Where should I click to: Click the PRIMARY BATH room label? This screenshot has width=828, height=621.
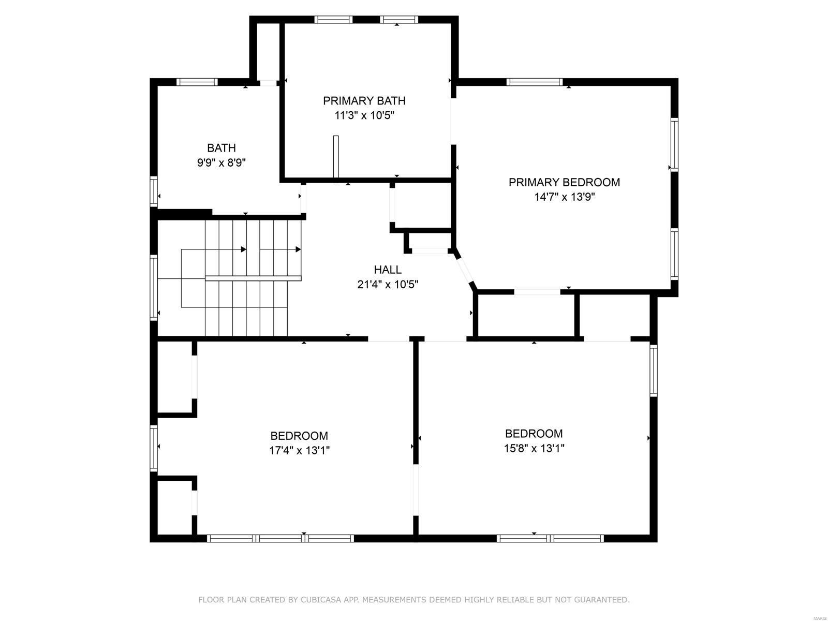point(364,100)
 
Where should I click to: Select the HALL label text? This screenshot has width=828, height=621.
point(388,270)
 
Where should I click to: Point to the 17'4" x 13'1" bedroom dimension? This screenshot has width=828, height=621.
point(299,450)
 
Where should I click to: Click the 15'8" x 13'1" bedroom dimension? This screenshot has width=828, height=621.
point(534,448)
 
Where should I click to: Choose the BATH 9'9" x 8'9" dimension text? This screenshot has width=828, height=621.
point(221,162)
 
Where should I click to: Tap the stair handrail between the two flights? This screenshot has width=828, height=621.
point(253,278)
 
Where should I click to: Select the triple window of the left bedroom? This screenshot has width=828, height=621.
point(280,538)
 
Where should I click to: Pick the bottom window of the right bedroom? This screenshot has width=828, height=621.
point(550,538)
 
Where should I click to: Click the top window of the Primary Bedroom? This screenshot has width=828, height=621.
point(534,82)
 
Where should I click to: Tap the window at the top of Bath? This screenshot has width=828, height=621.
point(197,82)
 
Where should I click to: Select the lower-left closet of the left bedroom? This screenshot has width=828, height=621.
point(174,507)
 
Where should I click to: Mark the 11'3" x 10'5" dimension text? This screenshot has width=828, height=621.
point(364,115)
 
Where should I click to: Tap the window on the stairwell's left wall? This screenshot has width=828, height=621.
point(154,287)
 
